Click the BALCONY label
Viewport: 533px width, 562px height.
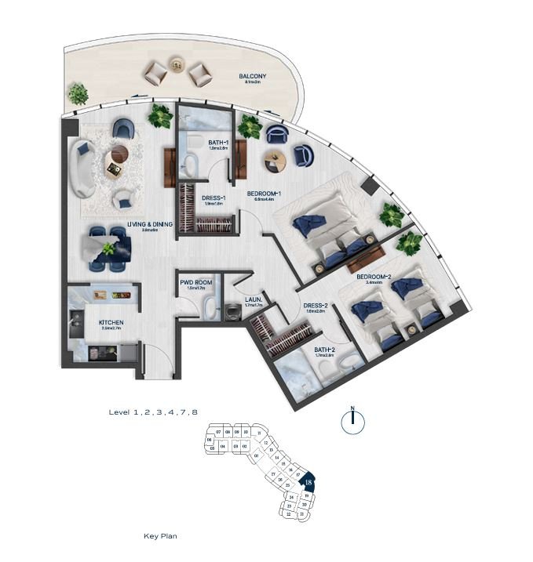[253, 77]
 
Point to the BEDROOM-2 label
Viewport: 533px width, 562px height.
[374, 277]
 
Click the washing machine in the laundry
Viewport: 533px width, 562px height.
[233, 311]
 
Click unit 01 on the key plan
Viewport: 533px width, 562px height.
[255, 455]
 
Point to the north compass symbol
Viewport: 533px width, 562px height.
[353, 421]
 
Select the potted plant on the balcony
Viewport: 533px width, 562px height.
[78, 94]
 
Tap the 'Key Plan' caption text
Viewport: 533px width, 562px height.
[161, 537]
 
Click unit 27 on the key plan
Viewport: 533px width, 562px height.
[273, 475]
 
